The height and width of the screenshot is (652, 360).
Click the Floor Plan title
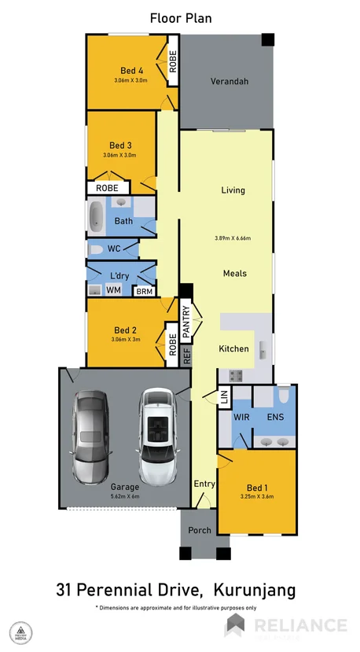[180, 17]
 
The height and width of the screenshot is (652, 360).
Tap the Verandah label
[230, 82]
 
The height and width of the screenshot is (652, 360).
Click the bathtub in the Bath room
[96, 217]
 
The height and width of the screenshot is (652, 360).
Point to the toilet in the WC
[96, 249]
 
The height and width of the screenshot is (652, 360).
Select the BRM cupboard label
[144, 292]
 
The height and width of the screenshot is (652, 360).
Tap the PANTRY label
[186, 322]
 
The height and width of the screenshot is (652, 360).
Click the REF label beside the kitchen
[186, 356]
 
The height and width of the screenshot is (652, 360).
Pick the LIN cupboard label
[223, 399]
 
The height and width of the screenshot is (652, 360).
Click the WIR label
[241, 418]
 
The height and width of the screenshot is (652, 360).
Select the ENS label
[275, 418]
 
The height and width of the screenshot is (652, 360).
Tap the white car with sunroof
[159, 437]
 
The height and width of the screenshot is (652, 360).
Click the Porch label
[200, 530]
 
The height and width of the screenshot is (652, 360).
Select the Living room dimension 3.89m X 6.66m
[233, 238]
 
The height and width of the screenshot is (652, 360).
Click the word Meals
[234, 274]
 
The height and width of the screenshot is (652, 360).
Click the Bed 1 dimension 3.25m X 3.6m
[258, 496]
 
